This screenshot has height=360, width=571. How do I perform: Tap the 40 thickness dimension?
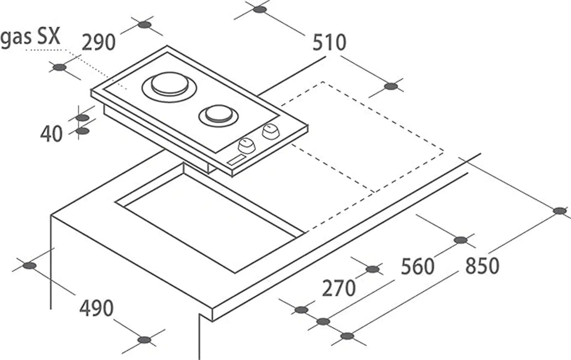[51, 134]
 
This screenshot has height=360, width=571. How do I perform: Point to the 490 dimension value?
[97, 308]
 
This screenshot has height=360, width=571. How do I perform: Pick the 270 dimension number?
[338, 289]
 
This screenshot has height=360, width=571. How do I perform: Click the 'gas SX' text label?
[30, 37]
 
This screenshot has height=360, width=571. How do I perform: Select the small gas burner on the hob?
[219, 115]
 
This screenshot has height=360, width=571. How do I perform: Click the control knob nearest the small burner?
[270, 132]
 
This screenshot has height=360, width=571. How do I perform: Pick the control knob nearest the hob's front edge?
[246, 146]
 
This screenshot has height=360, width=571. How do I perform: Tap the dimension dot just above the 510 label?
[260, 9]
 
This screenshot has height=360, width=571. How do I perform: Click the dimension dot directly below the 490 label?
[145, 340]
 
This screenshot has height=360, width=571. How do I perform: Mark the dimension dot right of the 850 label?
[560, 211]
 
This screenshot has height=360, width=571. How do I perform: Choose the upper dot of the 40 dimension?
[82, 118]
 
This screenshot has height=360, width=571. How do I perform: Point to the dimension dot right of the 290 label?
[145, 25]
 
